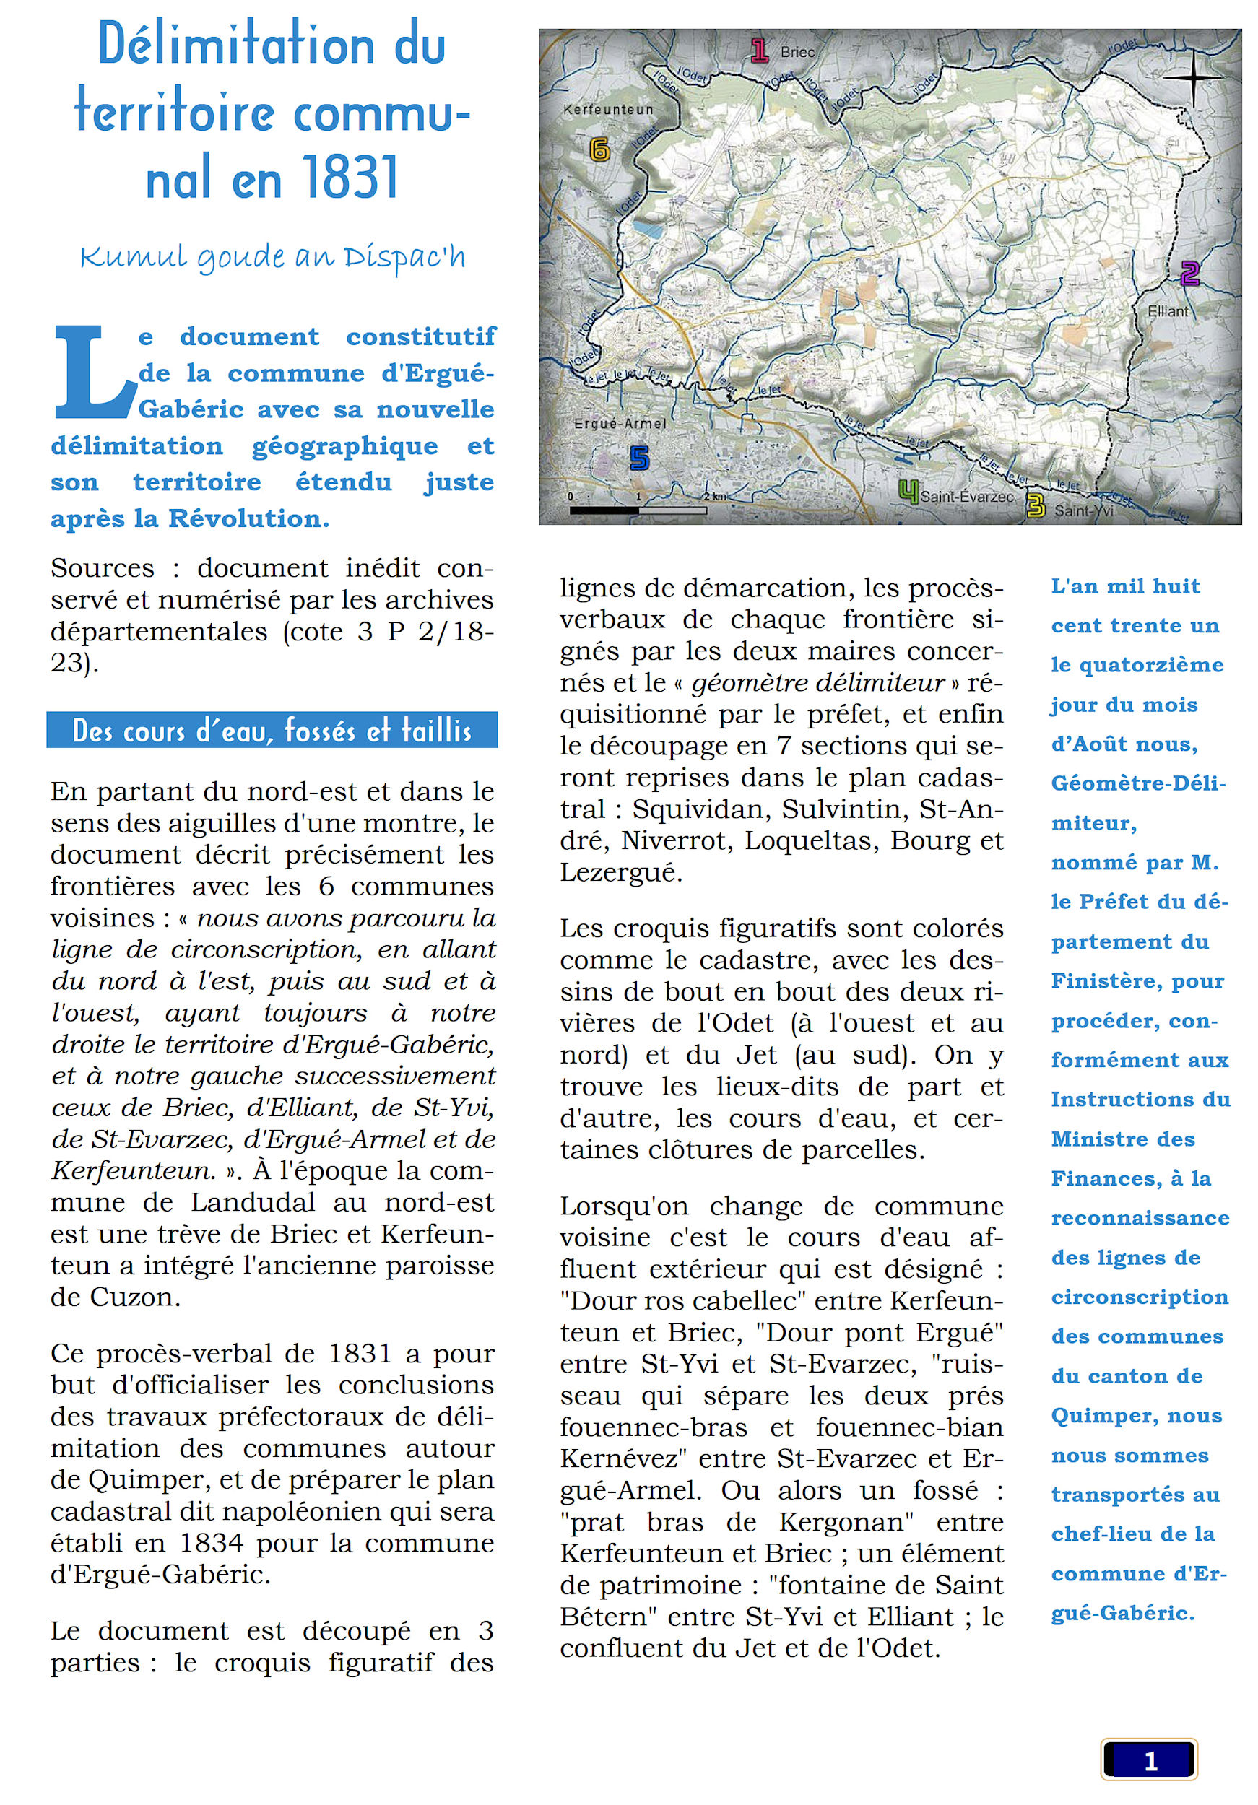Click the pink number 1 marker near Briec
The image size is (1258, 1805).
[x=759, y=51]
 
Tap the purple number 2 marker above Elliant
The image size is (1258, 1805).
[x=1189, y=274]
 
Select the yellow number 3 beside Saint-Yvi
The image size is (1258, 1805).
[x=1036, y=506]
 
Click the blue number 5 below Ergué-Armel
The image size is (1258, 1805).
[x=639, y=458]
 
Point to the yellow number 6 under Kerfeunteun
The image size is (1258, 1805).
[x=599, y=149]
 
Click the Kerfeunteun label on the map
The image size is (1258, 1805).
[x=608, y=110]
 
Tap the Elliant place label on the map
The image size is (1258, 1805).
[x=1168, y=311]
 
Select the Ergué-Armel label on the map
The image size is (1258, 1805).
[x=620, y=424]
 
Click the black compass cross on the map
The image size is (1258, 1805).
[x=1192, y=78]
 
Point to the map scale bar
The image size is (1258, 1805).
[x=638, y=510]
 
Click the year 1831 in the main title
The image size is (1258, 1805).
[x=350, y=177]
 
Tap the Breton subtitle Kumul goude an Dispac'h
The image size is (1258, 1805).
[x=272, y=257]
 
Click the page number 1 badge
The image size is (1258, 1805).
[x=1149, y=1761]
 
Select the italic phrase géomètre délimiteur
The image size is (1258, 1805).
[x=817, y=682]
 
